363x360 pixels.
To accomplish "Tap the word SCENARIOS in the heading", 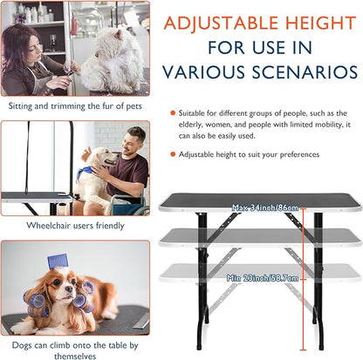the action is point(305,71).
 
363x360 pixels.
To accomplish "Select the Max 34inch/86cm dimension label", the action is point(265,207).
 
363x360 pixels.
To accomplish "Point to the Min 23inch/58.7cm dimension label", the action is point(263,278).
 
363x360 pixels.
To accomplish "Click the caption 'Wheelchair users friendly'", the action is point(75,226).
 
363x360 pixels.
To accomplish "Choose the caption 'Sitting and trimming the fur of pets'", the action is point(75,105).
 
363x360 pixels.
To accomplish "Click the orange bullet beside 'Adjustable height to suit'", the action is point(173,154).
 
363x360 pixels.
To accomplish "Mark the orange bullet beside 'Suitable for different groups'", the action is point(173,113).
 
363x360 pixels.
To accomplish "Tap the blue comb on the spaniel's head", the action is point(58,261).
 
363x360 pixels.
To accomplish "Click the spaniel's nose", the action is point(69,289).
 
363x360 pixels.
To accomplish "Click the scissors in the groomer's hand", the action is point(70,71).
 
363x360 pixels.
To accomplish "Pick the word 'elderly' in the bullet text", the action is point(191,125).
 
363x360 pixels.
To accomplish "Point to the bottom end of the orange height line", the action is point(304,350).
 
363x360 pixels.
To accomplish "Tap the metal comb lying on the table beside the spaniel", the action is point(141,323).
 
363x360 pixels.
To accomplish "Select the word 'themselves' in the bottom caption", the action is point(75,356).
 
